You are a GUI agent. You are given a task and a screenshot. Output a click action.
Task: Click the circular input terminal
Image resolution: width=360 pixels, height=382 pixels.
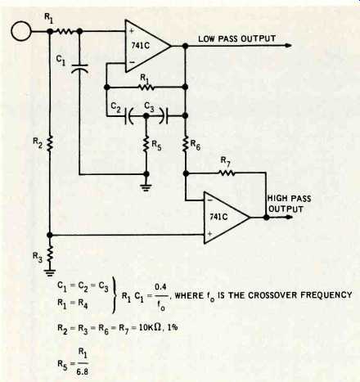21,31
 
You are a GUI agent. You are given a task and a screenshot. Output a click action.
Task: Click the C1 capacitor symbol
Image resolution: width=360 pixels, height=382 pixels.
79,68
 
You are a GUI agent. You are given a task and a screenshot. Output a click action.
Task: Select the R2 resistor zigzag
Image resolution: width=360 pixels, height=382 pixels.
49,143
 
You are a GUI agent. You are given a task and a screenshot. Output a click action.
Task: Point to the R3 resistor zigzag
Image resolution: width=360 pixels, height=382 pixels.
49,255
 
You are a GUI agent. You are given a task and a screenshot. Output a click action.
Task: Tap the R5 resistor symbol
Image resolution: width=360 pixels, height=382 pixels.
146,144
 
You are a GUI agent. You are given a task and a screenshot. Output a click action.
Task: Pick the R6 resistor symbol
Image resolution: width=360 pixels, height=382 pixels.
185,144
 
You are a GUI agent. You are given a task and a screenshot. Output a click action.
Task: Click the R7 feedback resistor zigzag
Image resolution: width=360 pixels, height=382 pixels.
226,173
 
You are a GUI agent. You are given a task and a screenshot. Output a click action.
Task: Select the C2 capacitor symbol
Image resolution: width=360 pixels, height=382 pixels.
128,116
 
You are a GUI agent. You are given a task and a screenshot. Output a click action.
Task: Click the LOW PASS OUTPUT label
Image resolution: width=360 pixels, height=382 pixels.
236,38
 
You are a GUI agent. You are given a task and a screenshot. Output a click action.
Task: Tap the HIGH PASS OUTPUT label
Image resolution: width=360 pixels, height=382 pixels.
289,204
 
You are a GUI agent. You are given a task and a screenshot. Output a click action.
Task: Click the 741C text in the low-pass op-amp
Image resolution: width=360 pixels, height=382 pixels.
141,45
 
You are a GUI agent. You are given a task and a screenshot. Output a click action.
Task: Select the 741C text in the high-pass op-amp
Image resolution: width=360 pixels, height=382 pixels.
218,217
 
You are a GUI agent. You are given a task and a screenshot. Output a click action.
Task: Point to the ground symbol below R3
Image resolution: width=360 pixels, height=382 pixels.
49,272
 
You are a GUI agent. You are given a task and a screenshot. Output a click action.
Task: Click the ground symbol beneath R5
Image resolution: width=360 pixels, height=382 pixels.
146,187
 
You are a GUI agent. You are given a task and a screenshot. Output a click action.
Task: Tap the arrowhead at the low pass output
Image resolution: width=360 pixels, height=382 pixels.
288,46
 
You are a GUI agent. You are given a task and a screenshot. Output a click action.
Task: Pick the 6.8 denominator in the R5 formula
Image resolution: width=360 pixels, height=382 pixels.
83,371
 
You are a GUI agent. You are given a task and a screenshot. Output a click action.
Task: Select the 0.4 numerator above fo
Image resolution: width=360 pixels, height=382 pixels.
160,287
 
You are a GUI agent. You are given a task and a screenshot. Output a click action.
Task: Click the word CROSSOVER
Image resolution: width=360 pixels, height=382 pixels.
275,295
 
